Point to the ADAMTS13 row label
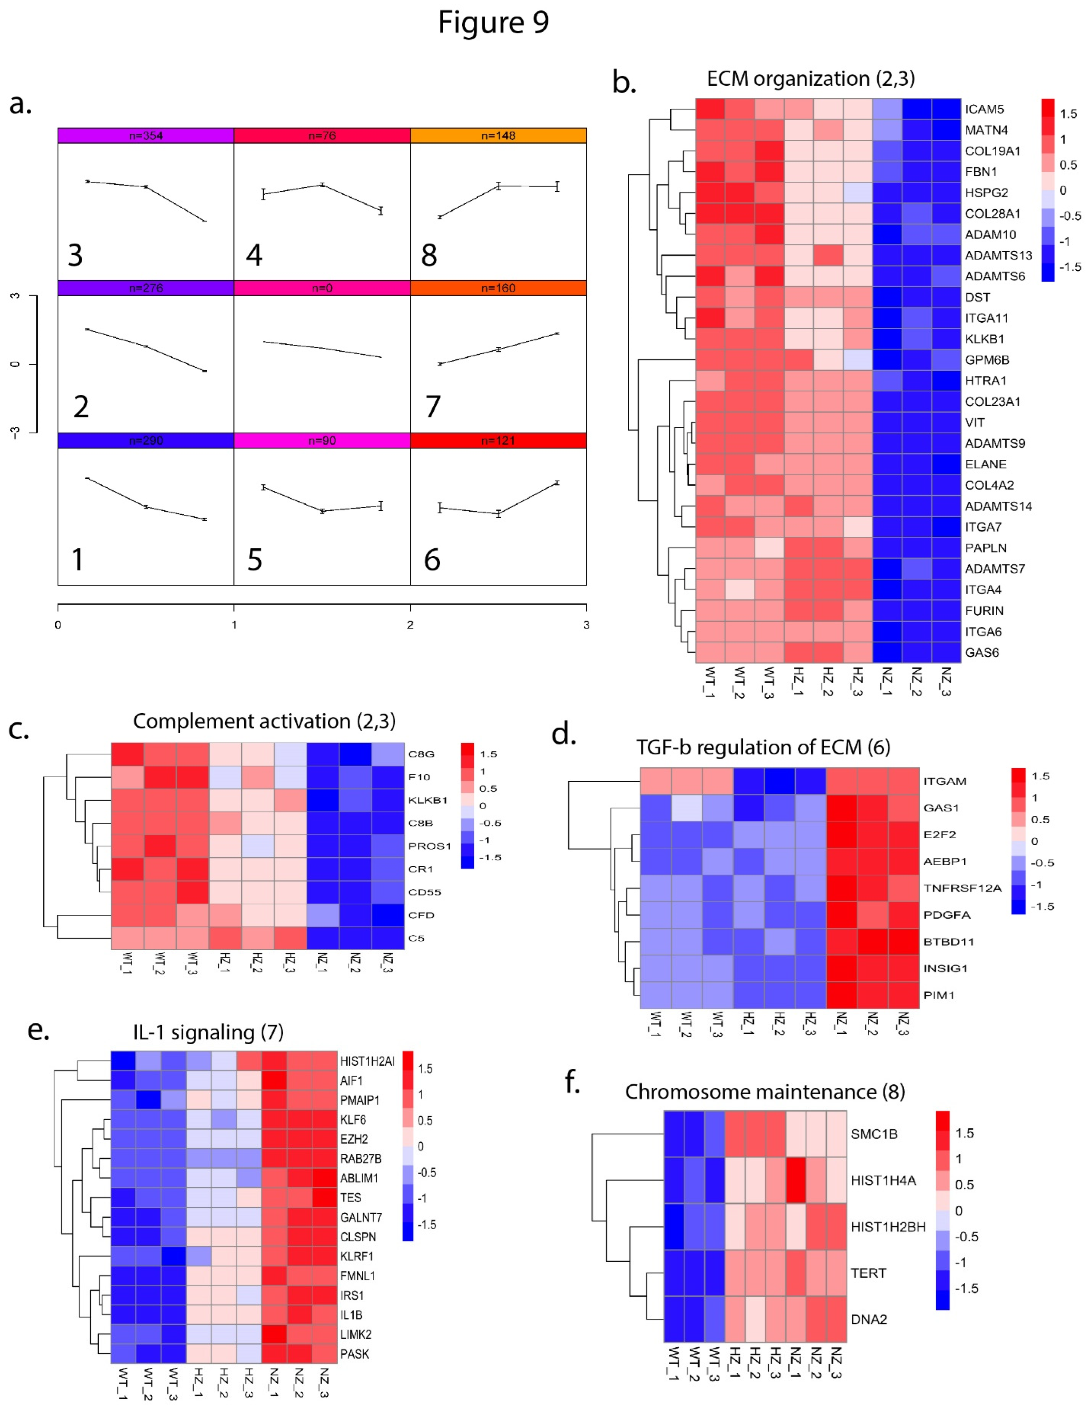998,256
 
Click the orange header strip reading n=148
498,135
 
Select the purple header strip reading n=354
146,135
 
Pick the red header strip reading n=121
498,441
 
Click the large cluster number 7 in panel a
433,406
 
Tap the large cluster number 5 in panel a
255,559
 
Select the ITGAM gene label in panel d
944,781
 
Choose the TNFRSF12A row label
962,888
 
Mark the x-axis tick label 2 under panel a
410,625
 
